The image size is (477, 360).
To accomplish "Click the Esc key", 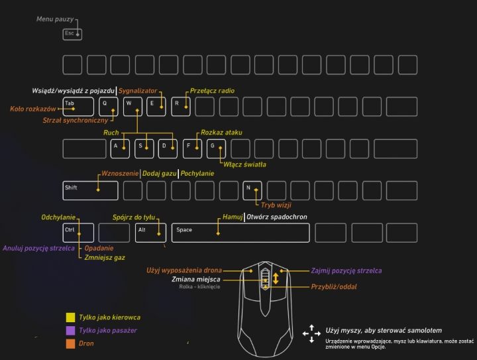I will (x=72, y=33).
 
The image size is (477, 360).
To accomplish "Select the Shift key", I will (x=90, y=190).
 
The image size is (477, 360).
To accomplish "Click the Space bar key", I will (x=240, y=232).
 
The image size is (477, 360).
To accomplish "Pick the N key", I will (x=253, y=190).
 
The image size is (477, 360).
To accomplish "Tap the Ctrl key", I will (x=78, y=232).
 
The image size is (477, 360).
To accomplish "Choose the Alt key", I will (x=150, y=232).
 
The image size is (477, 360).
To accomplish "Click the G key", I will (x=217, y=148).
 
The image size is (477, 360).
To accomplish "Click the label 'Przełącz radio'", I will (x=212, y=91).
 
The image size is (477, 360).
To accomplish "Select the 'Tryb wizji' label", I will (x=276, y=206).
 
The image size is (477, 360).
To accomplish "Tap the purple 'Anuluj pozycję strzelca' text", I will (x=38, y=249).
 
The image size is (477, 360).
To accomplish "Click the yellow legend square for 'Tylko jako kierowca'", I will (x=70, y=318).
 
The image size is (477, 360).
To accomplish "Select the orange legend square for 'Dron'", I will (x=70, y=343).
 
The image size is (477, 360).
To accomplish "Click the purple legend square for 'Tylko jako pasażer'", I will (x=70, y=330).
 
